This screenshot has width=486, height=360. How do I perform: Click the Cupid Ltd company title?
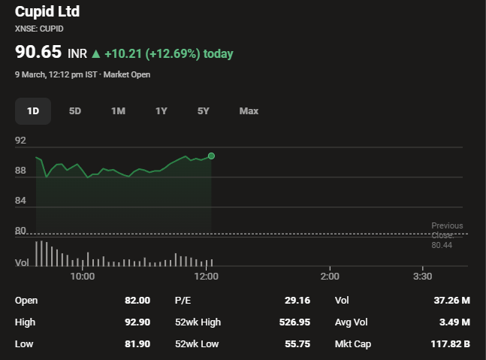pyautogui.click(x=47, y=11)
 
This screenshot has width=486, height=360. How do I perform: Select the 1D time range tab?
pyautogui.click(x=33, y=110)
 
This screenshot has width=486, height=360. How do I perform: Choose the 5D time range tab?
pyautogui.click(x=75, y=110)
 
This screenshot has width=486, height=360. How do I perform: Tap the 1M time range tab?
pyautogui.click(x=118, y=110)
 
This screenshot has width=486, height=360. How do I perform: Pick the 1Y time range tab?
pyautogui.click(x=161, y=110)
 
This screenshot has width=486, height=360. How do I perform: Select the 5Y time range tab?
pyautogui.click(x=204, y=110)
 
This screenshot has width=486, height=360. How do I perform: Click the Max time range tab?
pyautogui.click(x=249, y=110)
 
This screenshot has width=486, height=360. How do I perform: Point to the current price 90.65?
pyautogui.click(x=38, y=53)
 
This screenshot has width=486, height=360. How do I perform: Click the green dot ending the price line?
pyautogui.click(x=211, y=156)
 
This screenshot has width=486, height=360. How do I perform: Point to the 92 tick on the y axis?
pyautogui.click(x=20, y=141)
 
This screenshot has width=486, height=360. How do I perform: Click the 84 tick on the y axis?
pyautogui.click(x=20, y=201)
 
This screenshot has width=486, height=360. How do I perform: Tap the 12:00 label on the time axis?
pyautogui.click(x=206, y=277)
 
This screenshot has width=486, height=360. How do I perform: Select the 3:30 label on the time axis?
pyautogui.click(x=423, y=277)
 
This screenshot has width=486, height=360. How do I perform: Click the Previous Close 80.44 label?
pyautogui.click(x=447, y=235)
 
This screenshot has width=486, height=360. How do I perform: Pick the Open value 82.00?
pyautogui.click(x=137, y=301)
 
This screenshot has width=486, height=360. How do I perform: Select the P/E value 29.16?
pyautogui.click(x=297, y=301)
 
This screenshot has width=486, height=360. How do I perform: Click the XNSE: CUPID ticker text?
pyautogui.click(x=39, y=29)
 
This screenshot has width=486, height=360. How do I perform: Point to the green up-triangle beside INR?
pyautogui.click(x=95, y=54)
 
